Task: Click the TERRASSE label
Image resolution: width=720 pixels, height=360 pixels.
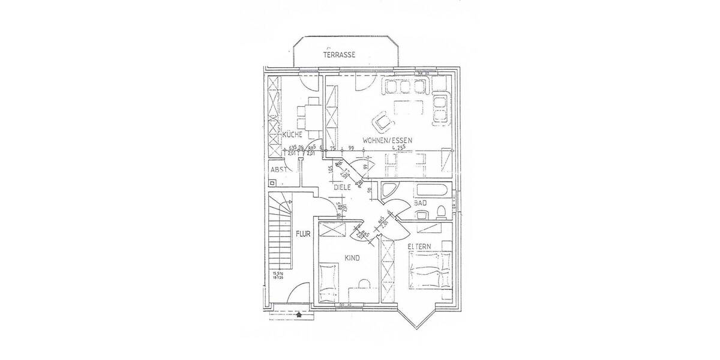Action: [340, 55]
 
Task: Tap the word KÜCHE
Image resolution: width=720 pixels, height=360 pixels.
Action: [292, 135]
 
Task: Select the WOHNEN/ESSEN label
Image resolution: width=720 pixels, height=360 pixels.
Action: [387, 139]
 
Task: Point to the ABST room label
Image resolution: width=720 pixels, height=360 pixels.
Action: [280, 170]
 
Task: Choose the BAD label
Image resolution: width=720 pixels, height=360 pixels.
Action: [421, 203]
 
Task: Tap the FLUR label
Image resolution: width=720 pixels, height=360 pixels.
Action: [302, 234]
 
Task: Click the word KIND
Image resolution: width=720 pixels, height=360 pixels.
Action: [352, 258]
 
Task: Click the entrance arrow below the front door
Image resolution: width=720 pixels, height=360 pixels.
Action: [299, 313]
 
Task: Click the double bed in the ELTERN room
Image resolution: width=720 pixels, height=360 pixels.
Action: [430, 270]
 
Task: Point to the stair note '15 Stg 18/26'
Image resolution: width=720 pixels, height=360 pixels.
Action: [277, 276]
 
